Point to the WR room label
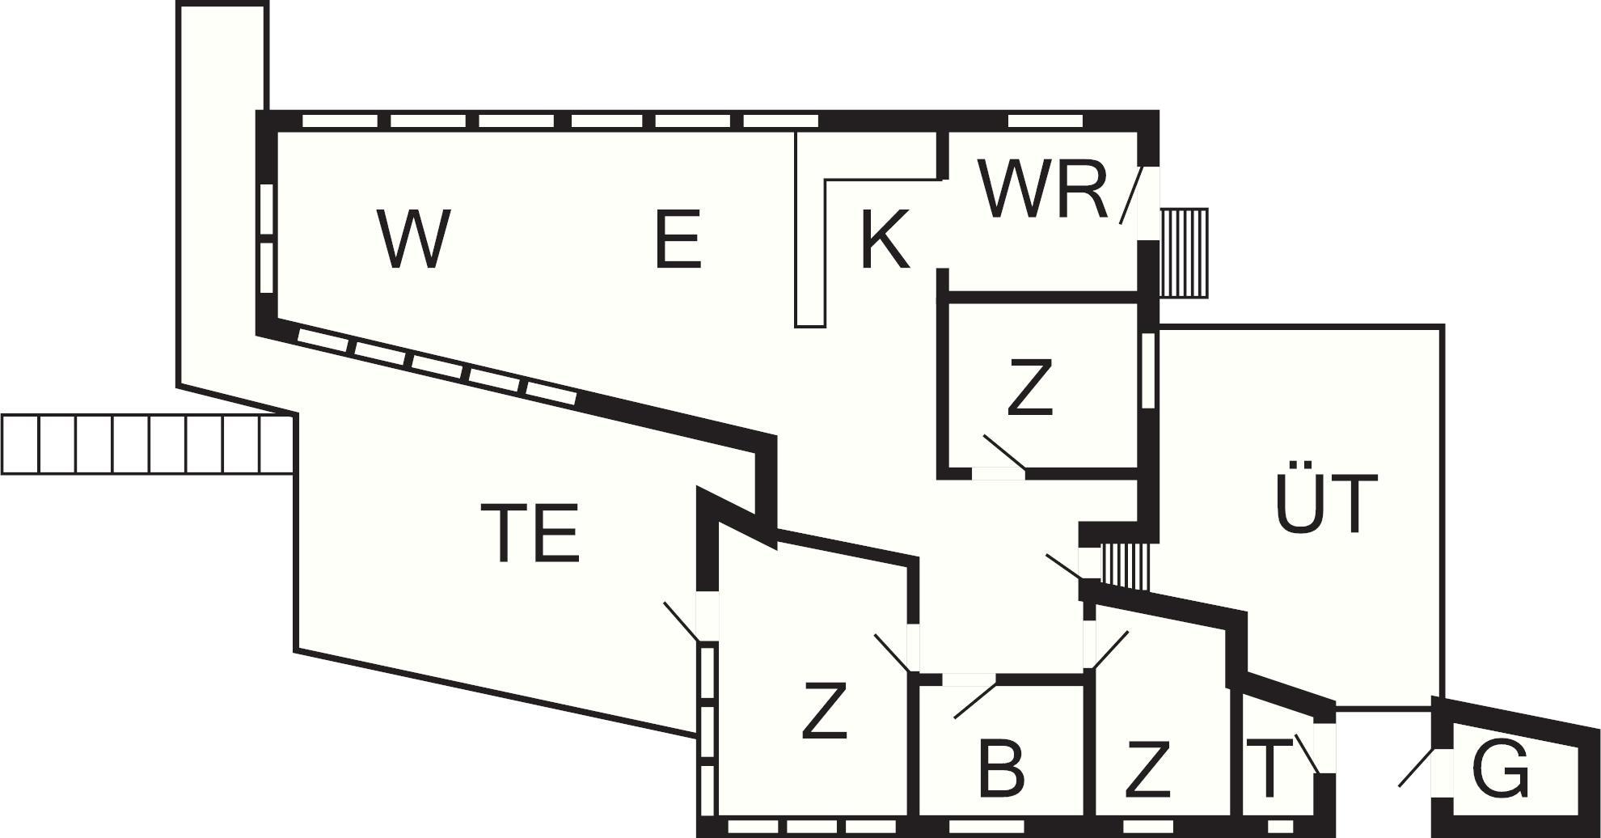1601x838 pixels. [1043, 190]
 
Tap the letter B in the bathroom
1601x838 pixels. [1001, 768]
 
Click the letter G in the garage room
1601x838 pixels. [1501, 768]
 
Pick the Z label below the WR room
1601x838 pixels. [1030, 387]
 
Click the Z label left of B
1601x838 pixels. [824, 711]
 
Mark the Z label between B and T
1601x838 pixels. [1147, 768]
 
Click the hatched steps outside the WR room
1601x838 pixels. [1185, 252]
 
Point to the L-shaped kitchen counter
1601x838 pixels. [811, 243]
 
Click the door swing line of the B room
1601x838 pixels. [975, 700]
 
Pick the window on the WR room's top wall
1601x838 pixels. [1045, 121]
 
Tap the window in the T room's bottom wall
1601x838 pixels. [1280, 827]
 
